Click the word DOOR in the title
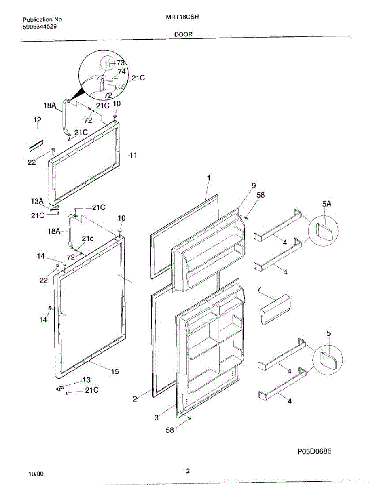(x=183, y=35)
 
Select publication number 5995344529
(x=39, y=27)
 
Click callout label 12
(x=37, y=120)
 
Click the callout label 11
(x=133, y=155)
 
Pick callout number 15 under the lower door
(x=115, y=372)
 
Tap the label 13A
(x=36, y=201)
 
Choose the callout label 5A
(x=327, y=205)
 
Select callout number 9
(x=254, y=186)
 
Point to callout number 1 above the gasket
(x=208, y=178)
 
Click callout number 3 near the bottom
(x=157, y=418)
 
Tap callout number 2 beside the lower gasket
(x=135, y=399)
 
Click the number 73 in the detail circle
(x=120, y=63)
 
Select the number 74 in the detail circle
(x=122, y=71)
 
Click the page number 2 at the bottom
(x=188, y=471)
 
